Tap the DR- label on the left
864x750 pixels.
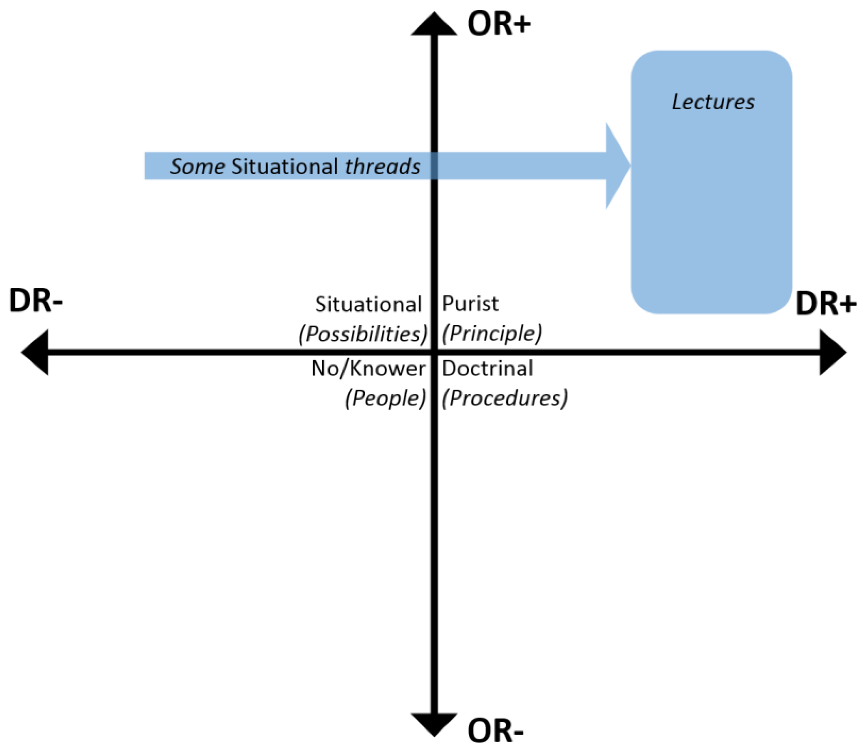pos(35,301)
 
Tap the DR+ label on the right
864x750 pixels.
pos(825,304)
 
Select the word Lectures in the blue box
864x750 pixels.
pos(712,102)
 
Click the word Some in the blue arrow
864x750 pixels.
pos(197,167)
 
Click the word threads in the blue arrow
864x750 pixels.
pos(382,167)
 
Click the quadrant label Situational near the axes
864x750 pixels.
pos(368,304)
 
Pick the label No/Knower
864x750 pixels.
pos(368,369)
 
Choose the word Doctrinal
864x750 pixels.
pos(487,369)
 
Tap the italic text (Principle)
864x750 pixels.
pos(491,334)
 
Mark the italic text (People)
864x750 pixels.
pos(385,397)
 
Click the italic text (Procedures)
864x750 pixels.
pos(505,397)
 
